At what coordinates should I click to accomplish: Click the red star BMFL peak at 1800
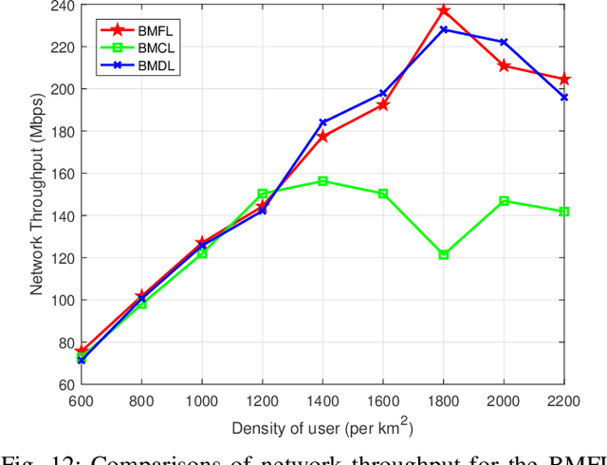[444, 11]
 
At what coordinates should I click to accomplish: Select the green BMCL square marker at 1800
[444, 254]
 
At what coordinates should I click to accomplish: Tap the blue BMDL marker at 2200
[564, 97]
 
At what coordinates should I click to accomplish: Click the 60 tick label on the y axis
[63, 384]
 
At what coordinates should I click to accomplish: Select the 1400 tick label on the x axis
[322, 400]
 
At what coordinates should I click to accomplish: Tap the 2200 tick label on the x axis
[564, 400]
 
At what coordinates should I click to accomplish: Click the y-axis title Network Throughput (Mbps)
[36, 195]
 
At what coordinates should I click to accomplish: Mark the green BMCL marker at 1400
[322, 180]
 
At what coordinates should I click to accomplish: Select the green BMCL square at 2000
[504, 201]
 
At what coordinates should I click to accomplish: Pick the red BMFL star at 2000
[504, 65]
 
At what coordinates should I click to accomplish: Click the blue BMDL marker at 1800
[444, 29]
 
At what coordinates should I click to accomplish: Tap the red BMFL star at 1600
[383, 104]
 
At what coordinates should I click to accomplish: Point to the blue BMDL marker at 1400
[322, 122]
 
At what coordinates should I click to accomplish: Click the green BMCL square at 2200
[564, 212]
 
